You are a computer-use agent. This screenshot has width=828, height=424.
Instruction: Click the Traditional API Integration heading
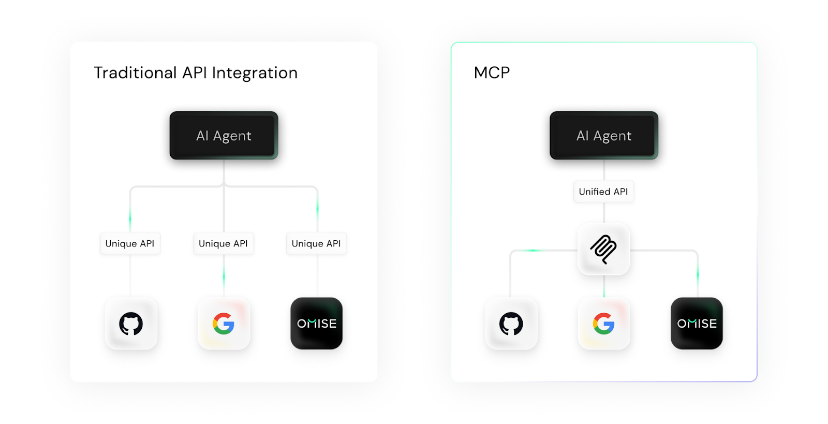[x=196, y=73]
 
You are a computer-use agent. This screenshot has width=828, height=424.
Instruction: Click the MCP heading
[x=492, y=72]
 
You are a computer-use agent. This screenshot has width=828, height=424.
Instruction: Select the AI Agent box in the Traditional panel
[x=224, y=136]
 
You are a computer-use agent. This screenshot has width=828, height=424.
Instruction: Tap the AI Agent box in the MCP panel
[x=604, y=136]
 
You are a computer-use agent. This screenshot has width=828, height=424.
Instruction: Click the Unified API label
[x=603, y=192]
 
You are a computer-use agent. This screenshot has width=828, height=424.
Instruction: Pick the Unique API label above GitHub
[x=130, y=243]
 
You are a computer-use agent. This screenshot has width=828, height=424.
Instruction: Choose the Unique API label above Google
[x=223, y=243]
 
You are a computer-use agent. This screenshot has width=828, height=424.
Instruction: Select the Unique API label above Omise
[x=316, y=243]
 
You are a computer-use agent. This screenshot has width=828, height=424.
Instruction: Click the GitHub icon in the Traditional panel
[x=131, y=324]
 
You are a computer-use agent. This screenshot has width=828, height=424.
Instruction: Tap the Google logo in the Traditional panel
[x=224, y=324]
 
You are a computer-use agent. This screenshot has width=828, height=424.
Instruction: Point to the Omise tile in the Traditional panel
[x=317, y=324]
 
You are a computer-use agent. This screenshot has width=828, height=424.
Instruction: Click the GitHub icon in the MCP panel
[x=511, y=324]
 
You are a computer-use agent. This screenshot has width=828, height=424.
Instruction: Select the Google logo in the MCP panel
[x=604, y=324]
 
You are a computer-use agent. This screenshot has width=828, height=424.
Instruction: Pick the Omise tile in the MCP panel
[x=697, y=324]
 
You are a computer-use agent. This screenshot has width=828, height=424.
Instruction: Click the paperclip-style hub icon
[x=603, y=249]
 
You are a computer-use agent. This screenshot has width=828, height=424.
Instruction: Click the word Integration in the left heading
[x=255, y=73]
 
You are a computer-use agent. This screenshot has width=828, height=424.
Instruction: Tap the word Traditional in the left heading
[x=135, y=73]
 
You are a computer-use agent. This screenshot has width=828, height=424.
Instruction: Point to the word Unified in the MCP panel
[x=595, y=192]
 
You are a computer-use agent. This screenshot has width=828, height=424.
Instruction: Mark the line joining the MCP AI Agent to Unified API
[x=604, y=170]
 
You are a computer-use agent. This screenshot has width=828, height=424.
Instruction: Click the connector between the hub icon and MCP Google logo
[x=604, y=286]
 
